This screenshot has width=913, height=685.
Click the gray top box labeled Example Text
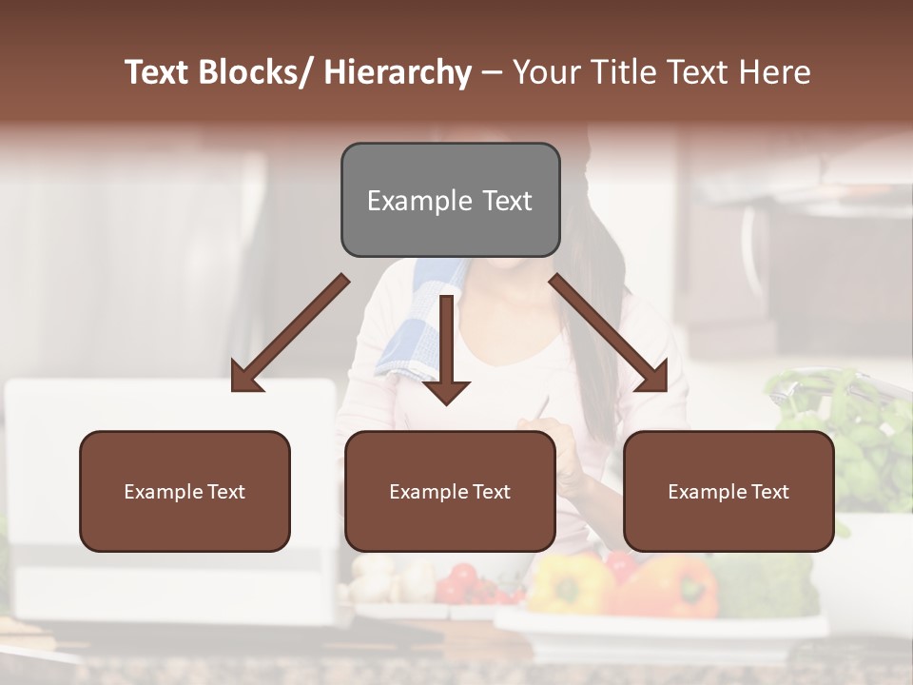pos(450,200)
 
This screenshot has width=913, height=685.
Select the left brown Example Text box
pos(185,491)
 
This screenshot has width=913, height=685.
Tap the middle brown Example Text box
pos(450,491)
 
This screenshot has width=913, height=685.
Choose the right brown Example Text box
pos(728,491)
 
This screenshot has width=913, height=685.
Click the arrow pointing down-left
pos(290,333)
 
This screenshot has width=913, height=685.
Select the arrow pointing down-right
pos(609,333)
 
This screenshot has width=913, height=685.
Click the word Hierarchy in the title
pos(398,72)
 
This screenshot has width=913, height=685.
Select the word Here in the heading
pos(774,72)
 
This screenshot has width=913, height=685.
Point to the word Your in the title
pos(546,72)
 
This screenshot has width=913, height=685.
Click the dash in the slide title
pos(492,72)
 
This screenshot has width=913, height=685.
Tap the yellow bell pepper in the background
pos(569,582)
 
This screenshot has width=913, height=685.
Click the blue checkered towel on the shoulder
pos(418,328)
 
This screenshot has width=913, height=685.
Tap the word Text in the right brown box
pos(769,491)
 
